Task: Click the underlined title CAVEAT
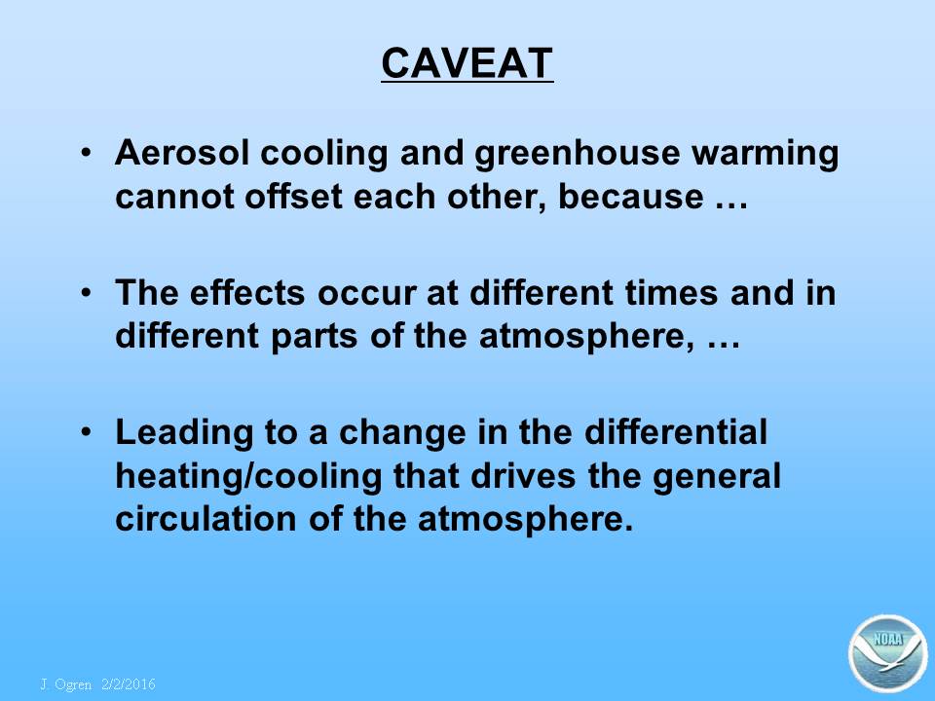coord(467,63)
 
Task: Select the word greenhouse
coord(578,154)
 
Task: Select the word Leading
coord(184,433)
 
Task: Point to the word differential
coord(676,431)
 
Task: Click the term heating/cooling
coord(248,477)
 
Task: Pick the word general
coord(717,478)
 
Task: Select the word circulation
coord(206,519)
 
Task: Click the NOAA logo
coord(888,653)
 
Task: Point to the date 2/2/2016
coord(129,684)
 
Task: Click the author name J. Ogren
coord(66,684)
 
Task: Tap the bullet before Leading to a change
coord(87,430)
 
